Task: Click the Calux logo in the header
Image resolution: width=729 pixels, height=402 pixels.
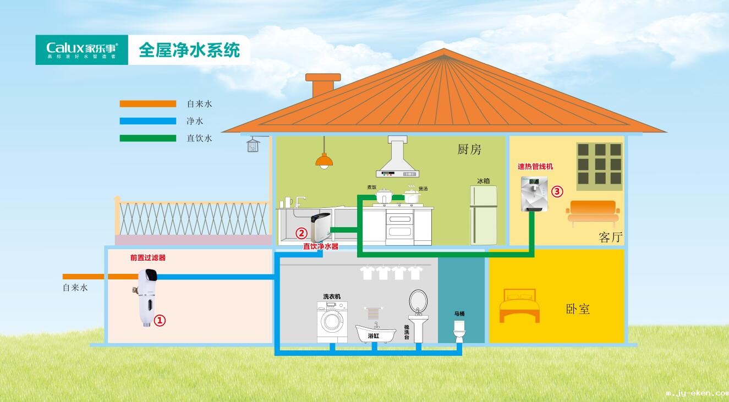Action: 81,49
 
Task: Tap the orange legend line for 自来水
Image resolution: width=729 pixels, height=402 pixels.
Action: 147,103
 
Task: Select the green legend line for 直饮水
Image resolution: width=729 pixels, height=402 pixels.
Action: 147,139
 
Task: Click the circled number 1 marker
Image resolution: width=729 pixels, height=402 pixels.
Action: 159,320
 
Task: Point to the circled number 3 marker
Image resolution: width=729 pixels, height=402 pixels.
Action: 557,191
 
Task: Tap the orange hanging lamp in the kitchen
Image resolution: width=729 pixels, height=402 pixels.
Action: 324,161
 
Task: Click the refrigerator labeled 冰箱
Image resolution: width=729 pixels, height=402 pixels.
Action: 484,215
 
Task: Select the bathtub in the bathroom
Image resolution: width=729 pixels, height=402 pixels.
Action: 376,333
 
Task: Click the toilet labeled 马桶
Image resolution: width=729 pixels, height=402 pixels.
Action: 459,332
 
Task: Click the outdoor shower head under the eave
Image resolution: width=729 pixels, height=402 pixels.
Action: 253,145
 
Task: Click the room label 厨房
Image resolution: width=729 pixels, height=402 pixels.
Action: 469,149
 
